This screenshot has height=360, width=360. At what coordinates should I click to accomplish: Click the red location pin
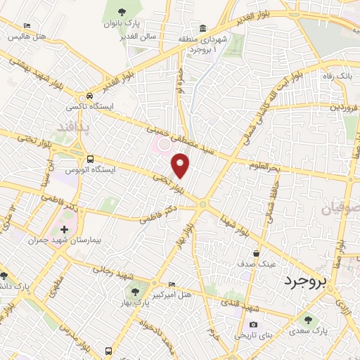(x=181, y=165)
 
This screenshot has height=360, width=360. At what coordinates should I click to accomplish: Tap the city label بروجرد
(x=306, y=283)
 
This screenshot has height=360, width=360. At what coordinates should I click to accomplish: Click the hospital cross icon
(x=65, y=229)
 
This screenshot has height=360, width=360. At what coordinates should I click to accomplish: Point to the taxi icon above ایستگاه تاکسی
(x=89, y=96)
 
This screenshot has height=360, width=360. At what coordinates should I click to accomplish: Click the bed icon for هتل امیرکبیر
(x=172, y=283)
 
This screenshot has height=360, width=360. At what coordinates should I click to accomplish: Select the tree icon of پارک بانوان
(x=122, y=12)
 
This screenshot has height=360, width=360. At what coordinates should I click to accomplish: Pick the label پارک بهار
(x=131, y=302)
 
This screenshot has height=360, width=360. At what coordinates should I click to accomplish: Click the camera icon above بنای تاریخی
(x=253, y=324)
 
